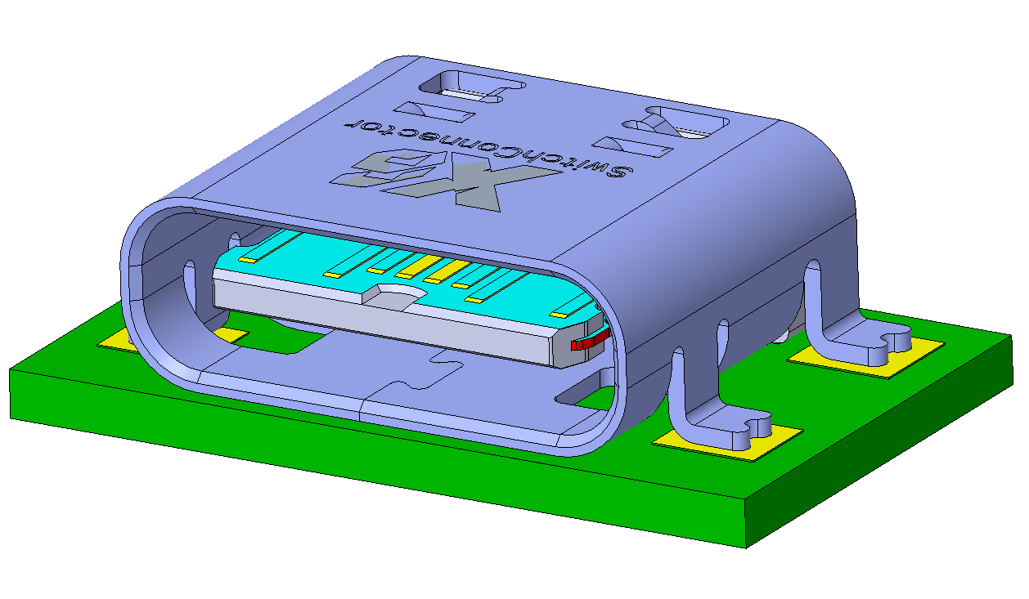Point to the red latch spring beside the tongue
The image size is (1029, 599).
(x=591, y=341)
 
